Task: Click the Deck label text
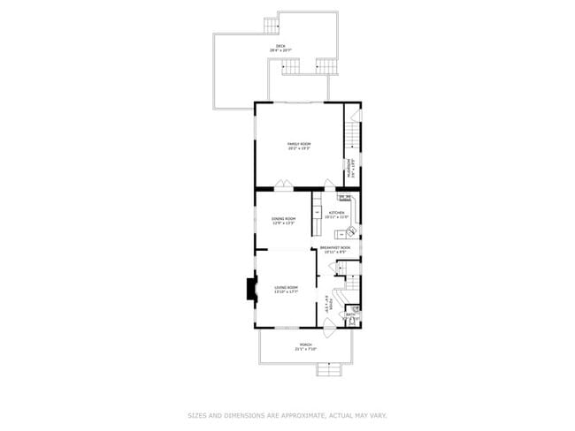pos(280,48)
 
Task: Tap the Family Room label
pos(299,146)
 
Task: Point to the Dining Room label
pos(283,220)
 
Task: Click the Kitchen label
pos(337,215)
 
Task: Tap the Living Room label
pos(286,290)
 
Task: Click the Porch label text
pos(305,346)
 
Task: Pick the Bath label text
pos(350,314)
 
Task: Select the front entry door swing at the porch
pos(329,335)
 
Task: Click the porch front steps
pos(329,369)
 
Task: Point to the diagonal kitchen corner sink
pos(351,231)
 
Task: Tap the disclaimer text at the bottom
pos(287,414)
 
